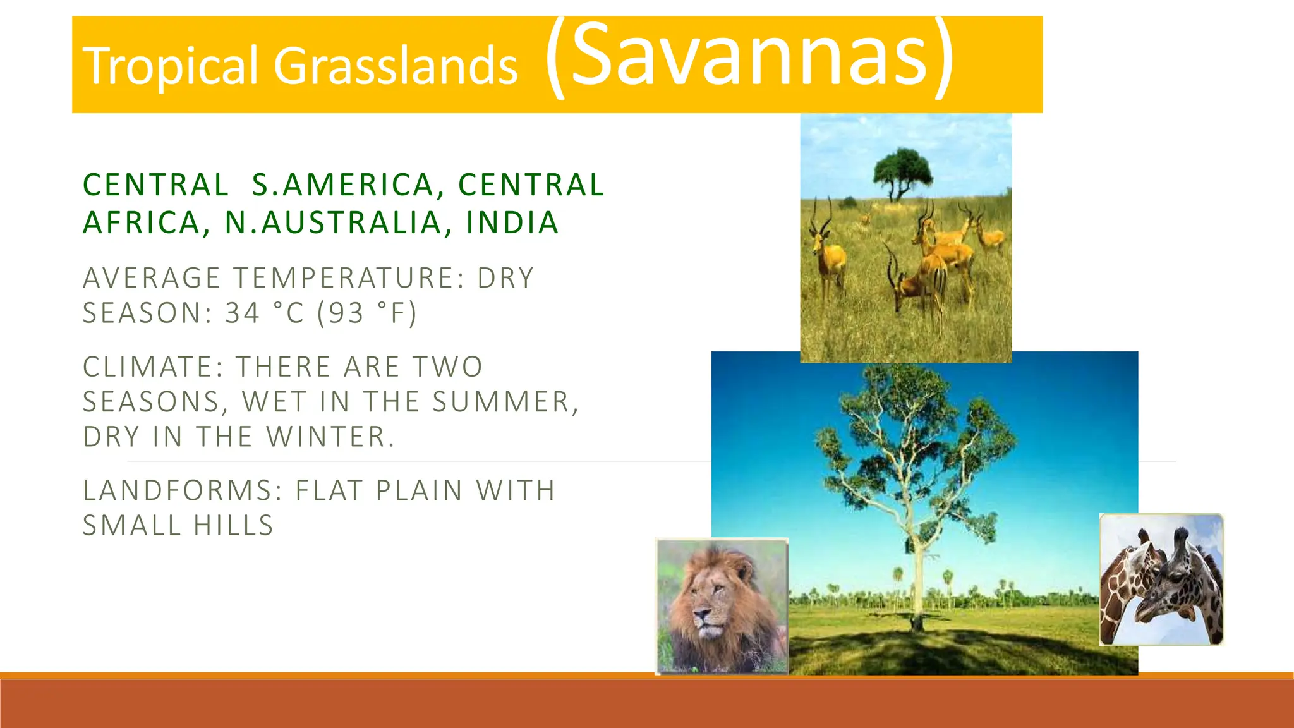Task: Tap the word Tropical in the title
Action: tap(171, 66)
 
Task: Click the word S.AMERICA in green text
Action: tap(344, 185)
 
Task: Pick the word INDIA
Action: tap(512, 222)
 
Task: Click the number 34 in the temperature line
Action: tap(243, 313)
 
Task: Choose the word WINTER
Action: tap(330, 437)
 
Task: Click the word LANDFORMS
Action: tap(183, 490)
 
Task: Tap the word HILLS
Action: tap(233, 526)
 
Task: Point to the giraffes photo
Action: tap(1161, 579)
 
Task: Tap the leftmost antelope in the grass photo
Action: tap(827, 253)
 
